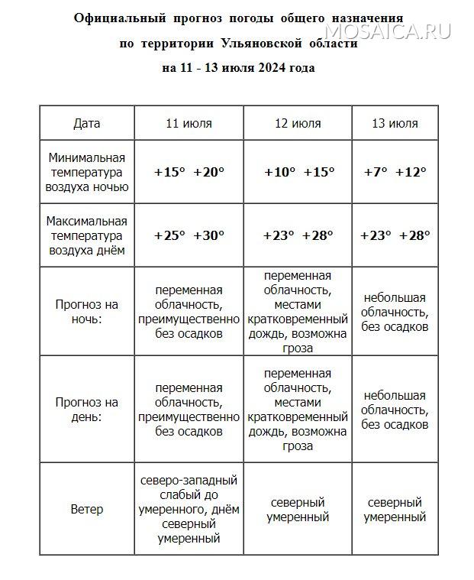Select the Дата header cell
coord(87,123)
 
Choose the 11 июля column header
coord(189,123)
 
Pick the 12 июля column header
coord(298,123)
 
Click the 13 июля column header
coord(395,123)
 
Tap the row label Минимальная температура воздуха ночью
coord(87,172)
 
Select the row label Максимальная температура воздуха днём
coord(87,235)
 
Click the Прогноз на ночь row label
coord(87,312)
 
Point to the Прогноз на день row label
coord(87,410)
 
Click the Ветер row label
coord(87,509)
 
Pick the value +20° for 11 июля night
coord(209,172)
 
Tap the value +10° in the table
coord(279,172)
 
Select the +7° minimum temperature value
coord(375,172)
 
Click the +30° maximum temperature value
coord(209,235)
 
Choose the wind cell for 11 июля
coord(189,509)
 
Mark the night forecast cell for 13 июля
coord(395,312)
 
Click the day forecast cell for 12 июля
coord(298,410)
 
